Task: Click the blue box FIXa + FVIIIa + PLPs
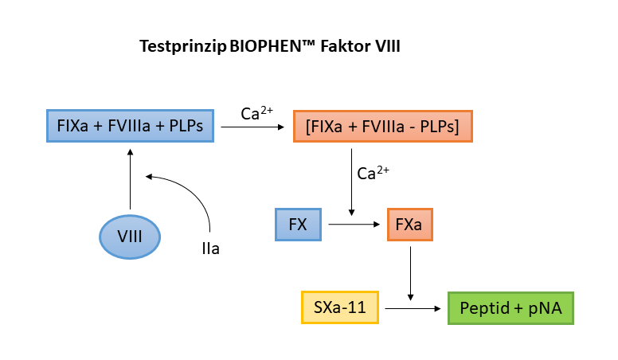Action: [x=129, y=126]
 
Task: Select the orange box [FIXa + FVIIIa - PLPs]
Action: [x=383, y=126]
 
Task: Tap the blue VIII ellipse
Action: [x=129, y=237]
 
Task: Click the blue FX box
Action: [x=298, y=225]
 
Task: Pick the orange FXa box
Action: [x=409, y=225]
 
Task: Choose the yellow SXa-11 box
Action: [x=340, y=308]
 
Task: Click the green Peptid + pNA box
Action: [x=510, y=308]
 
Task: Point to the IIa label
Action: [x=210, y=249]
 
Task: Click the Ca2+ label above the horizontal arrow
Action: [x=256, y=114]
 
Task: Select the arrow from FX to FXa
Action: [x=355, y=225]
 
